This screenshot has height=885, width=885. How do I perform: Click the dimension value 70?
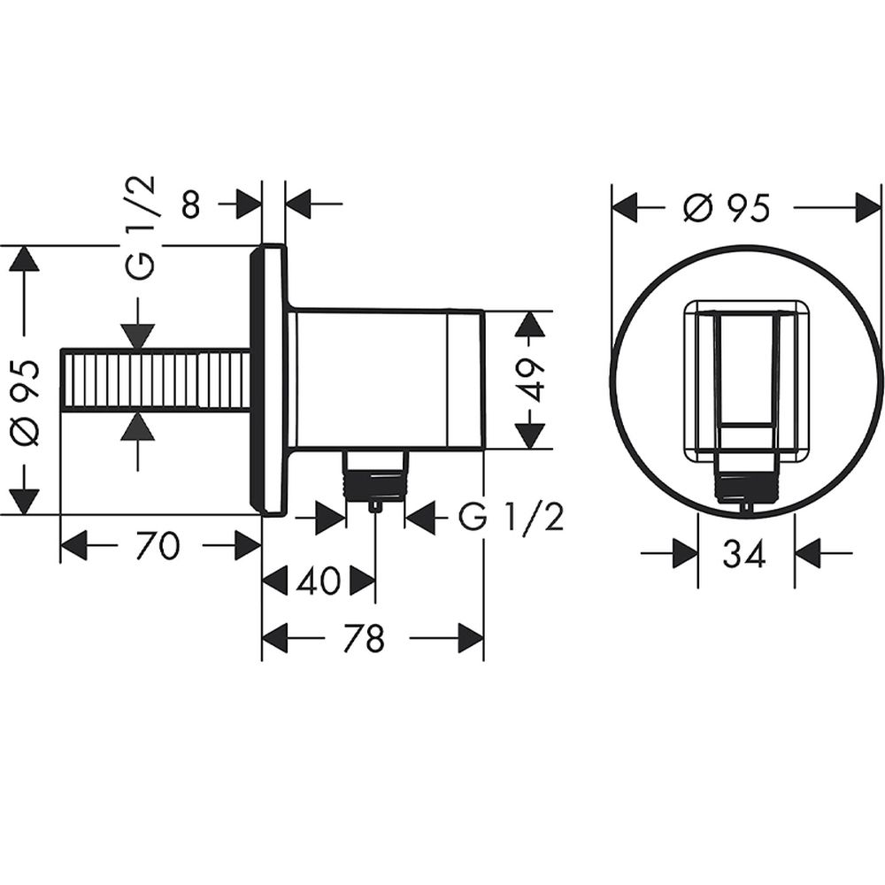(158, 546)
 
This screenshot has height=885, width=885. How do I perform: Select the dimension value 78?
(365, 638)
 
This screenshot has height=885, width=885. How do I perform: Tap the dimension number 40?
(319, 581)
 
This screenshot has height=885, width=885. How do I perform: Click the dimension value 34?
(745, 554)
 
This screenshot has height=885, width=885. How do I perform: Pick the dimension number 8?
(191, 204)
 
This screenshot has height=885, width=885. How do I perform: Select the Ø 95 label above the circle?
(727, 208)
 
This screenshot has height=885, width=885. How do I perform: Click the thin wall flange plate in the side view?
(269, 380)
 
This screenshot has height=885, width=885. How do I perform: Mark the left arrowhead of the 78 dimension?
(275, 638)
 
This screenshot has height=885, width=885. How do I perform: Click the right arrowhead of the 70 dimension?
(249, 546)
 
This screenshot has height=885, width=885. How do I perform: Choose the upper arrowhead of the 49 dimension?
(529, 326)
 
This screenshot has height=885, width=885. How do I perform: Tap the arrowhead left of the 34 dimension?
(685, 554)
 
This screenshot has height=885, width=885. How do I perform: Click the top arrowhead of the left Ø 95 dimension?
(25, 260)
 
